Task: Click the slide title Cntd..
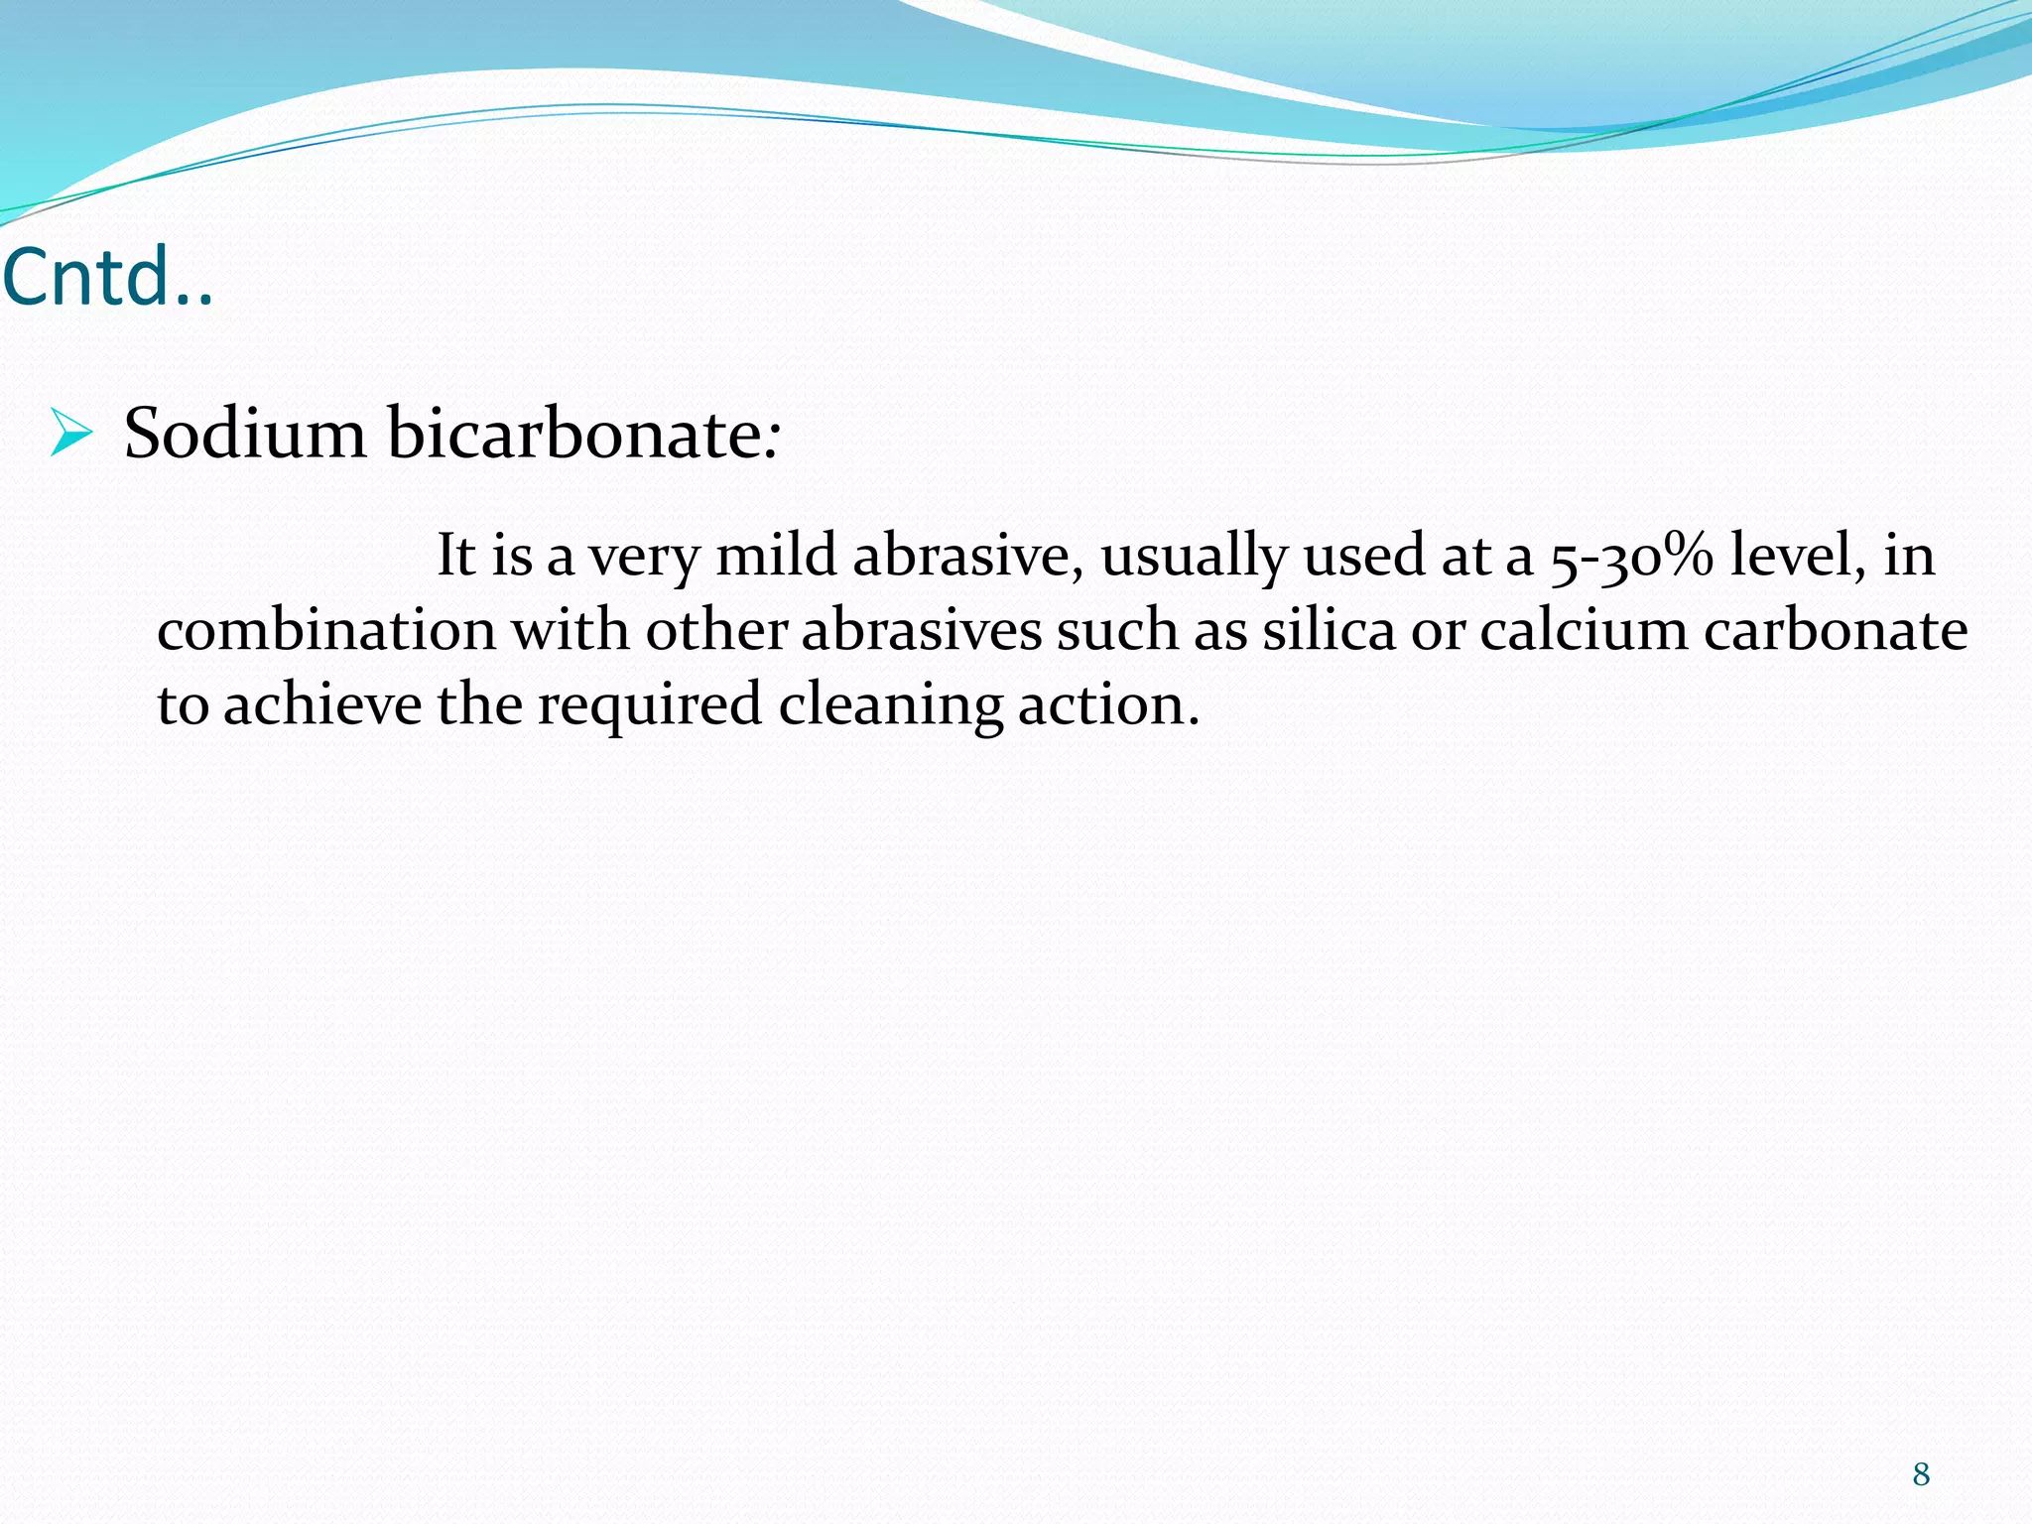(107, 277)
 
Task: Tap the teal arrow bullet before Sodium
(70, 435)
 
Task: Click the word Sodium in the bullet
(244, 434)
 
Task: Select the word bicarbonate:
(583, 434)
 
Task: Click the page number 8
(1921, 1474)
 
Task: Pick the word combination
(326, 630)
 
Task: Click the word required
(650, 706)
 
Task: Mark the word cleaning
(890, 706)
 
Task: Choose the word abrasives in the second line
(921, 630)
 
